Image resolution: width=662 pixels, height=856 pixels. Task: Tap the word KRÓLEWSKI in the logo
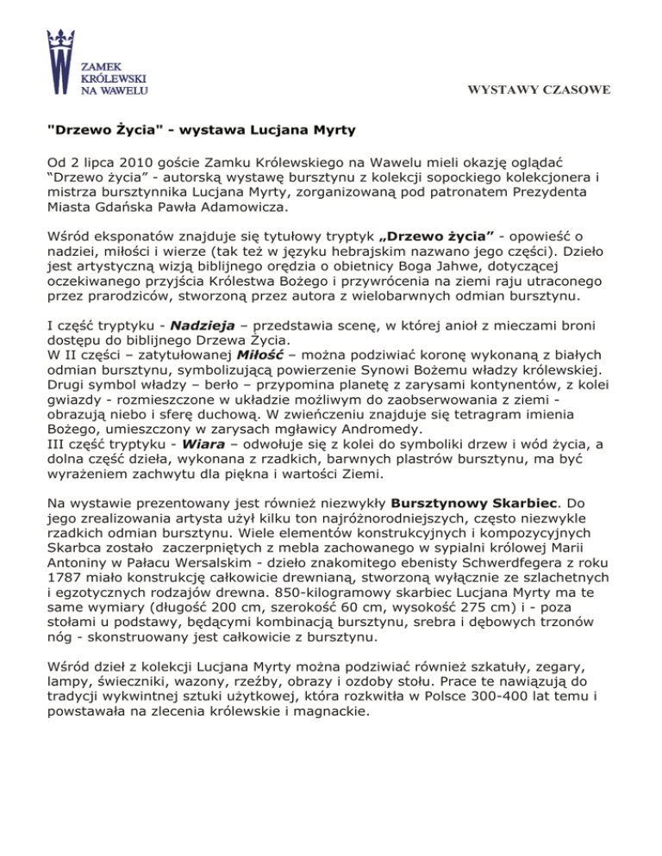111,75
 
